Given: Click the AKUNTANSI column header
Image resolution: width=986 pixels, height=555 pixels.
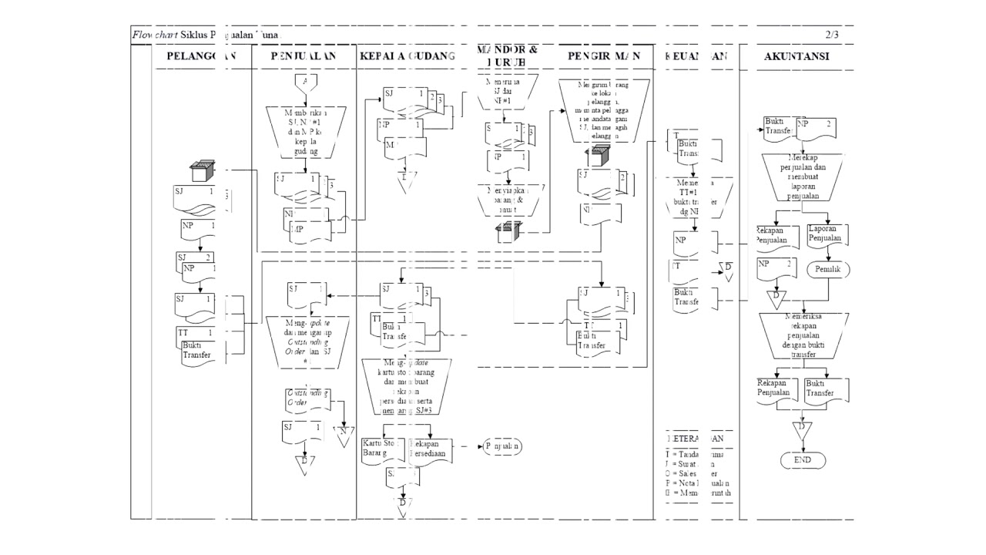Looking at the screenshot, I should click(797, 56).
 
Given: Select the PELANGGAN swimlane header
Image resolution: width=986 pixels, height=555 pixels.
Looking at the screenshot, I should click(200, 56).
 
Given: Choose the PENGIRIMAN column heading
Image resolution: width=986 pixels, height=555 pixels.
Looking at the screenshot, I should click(604, 56).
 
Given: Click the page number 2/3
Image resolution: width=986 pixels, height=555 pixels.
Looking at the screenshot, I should click(832, 35).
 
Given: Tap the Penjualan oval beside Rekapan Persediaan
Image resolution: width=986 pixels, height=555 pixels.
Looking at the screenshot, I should click(502, 446).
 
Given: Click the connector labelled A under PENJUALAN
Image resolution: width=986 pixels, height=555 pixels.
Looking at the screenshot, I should click(306, 83).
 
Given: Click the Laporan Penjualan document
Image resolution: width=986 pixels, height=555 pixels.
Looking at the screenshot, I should click(827, 235).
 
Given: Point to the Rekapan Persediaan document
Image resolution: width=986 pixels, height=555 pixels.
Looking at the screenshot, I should click(432, 449).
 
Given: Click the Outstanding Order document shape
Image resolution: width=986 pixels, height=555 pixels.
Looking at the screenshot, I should click(306, 399).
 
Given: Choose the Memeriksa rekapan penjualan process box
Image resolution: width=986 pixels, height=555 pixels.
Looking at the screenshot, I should click(803, 335).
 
